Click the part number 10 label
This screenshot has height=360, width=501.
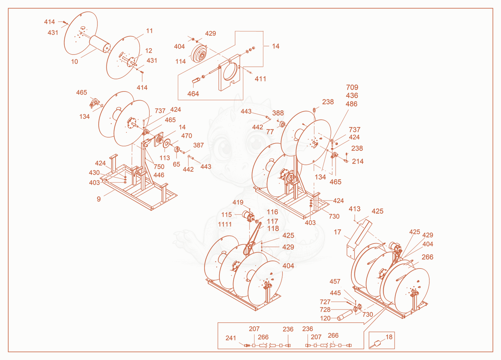pos(75,61)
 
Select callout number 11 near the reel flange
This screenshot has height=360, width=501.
pos(149,31)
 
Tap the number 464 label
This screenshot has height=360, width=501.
pos(193,94)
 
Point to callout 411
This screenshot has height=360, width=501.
pos(260,79)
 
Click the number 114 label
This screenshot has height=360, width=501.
pos(180,61)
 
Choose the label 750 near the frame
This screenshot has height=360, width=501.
pos(159,167)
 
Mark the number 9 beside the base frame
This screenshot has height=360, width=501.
pos(99,199)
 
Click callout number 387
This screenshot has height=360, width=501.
pos(199,145)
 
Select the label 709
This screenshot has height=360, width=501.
pos(352,87)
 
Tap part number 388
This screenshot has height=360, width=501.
pos(278,113)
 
